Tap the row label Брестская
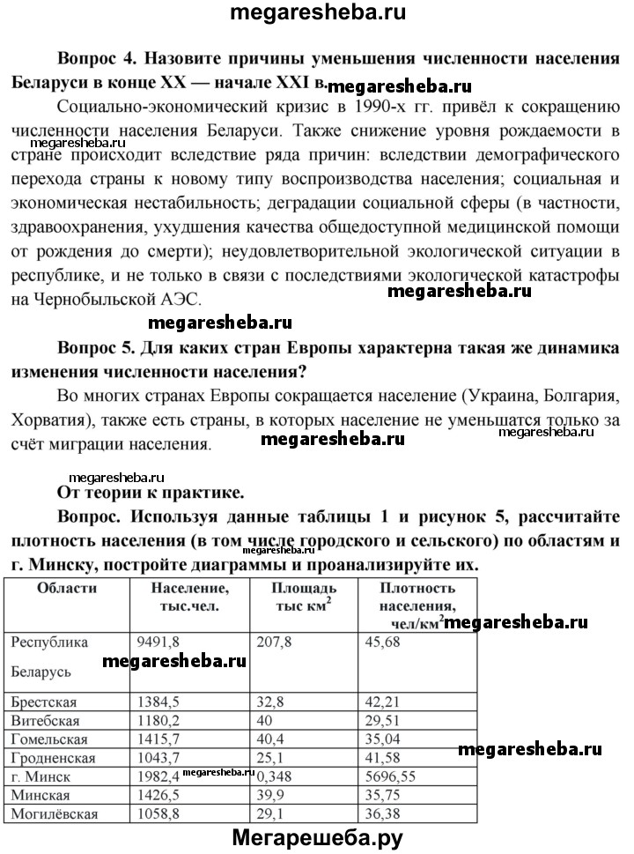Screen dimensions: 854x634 (x=44, y=702)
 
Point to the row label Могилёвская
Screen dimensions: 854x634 (x=54, y=814)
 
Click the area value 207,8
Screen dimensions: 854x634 (x=274, y=642)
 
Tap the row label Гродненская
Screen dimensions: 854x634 (x=52, y=758)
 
